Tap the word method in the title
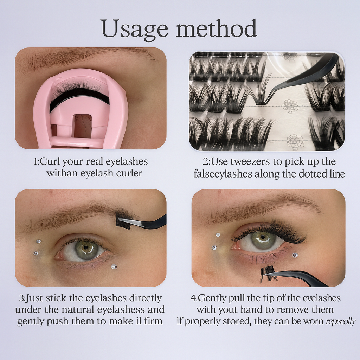tap(216, 29)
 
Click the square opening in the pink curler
tap(82, 126)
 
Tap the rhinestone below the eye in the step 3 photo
tap(114, 267)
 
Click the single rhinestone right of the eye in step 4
tap(295, 255)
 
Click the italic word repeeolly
tap(341, 321)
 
